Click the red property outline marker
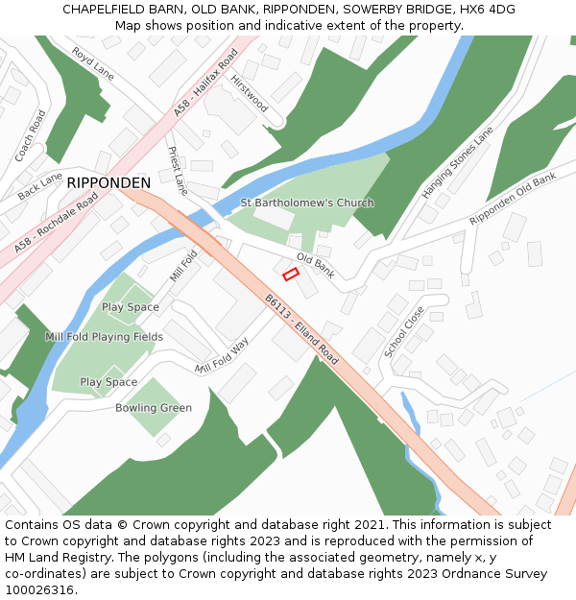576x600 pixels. click(x=291, y=275)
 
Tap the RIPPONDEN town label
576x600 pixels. click(x=108, y=182)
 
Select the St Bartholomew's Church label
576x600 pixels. click(x=307, y=203)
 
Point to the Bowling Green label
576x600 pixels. click(x=154, y=408)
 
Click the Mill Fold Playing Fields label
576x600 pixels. click(x=104, y=337)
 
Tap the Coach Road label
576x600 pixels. click(x=31, y=135)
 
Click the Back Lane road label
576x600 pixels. click(x=39, y=186)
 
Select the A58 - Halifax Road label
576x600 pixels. click(x=205, y=85)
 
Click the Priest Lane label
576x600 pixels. click(x=178, y=171)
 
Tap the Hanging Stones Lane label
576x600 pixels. click(x=457, y=162)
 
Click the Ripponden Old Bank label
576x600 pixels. click(x=513, y=200)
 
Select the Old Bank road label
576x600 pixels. click(x=315, y=266)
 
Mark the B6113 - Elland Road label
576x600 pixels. click(x=302, y=329)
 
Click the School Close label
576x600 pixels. click(x=404, y=332)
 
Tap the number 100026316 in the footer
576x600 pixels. click(x=38, y=589)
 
